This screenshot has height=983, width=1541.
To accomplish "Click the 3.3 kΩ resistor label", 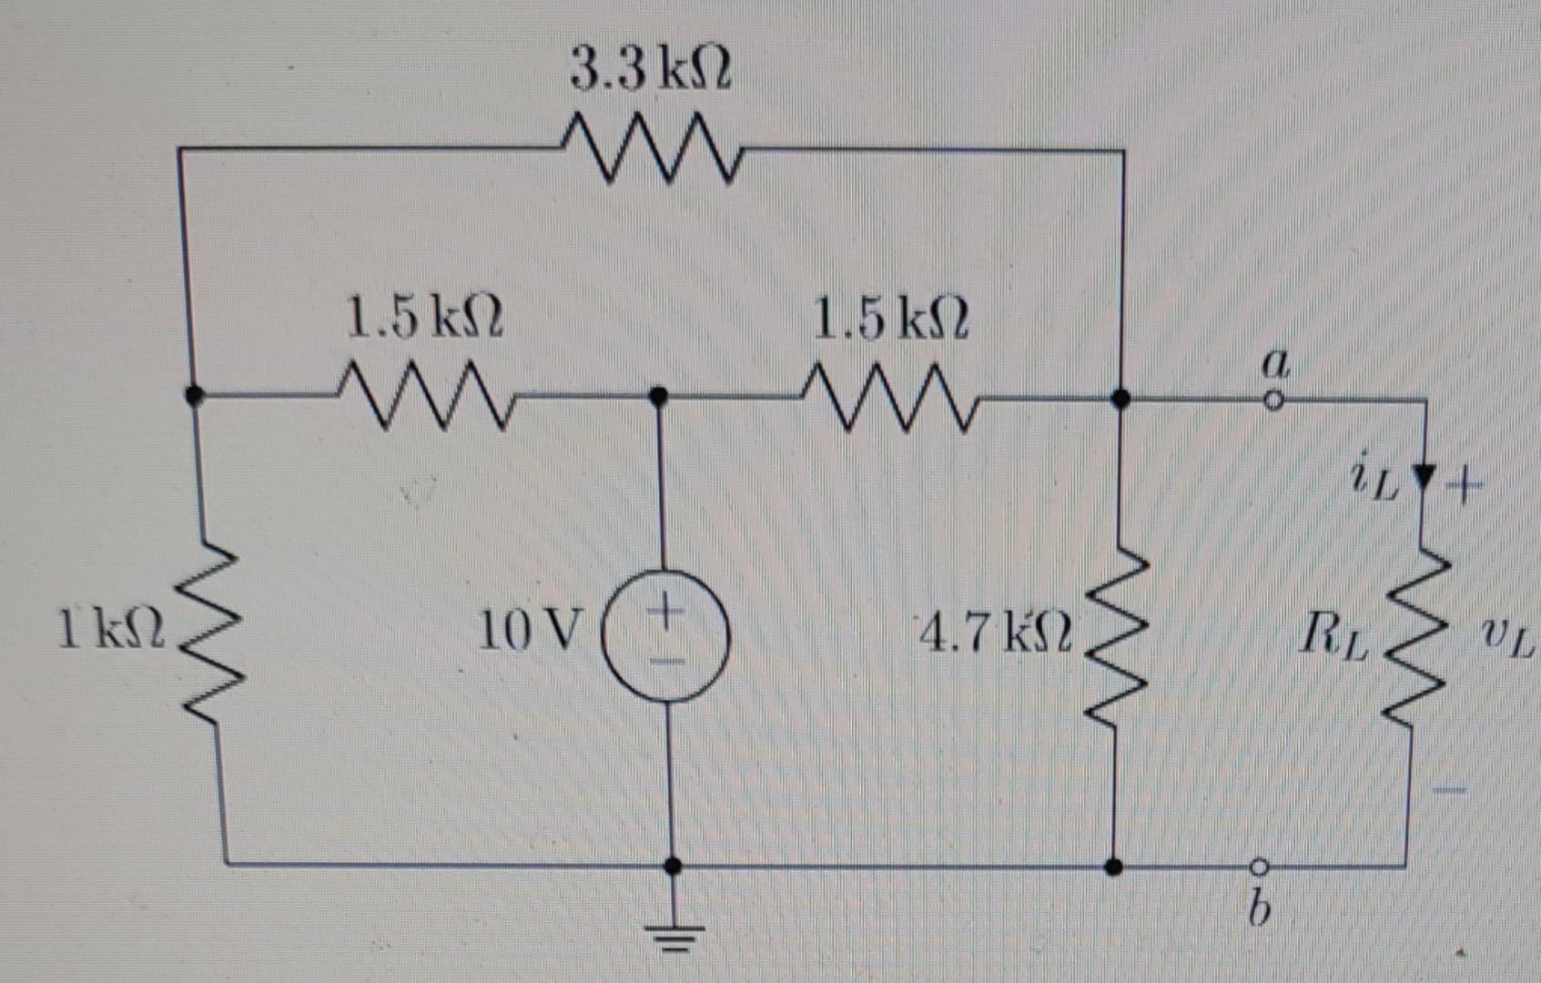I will pyautogui.click(x=650, y=70).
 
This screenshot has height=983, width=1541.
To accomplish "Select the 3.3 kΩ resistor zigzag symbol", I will pyautogui.click(x=650, y=147).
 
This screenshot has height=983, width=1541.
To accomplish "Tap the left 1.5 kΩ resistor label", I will pyautogui.click(x=424, y=319).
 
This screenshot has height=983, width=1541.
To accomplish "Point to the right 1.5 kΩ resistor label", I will pyautogui.click(x=890, y=319).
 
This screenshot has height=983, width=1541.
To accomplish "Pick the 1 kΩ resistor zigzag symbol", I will pyautogui.click(x=211, y=632).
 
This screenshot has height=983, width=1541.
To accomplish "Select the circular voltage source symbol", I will pyautogui.click(x=666, y=637).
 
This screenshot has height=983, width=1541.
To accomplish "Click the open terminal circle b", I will pyautogui.click(x=1260, y=866).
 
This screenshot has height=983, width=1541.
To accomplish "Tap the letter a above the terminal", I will pyautogui.click(x=1276, y=365).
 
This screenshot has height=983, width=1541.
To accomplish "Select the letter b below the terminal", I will pyautogui.click(x=1257, y=908).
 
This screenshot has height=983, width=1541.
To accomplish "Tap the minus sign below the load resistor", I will pyautogui.click(x=1450, y=790).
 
